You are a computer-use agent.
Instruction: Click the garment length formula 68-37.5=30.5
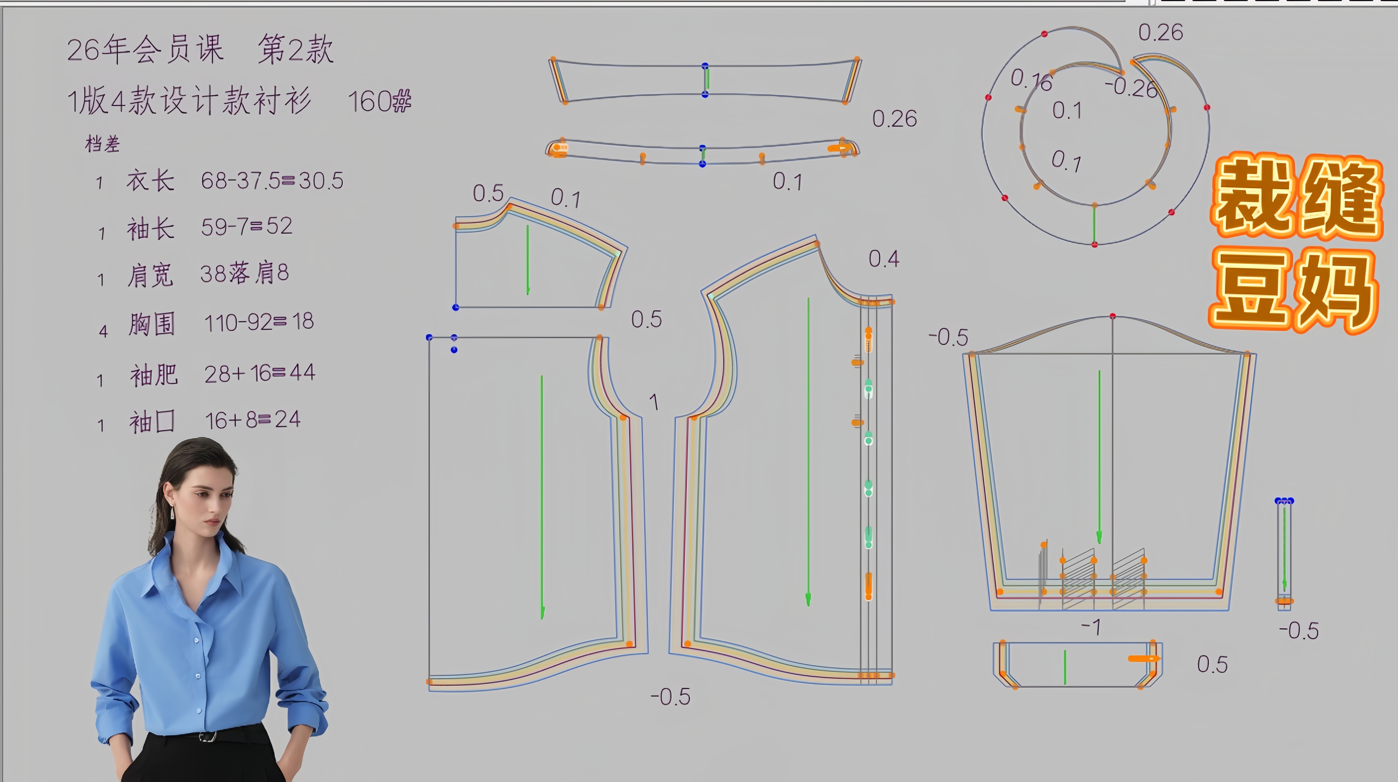272,180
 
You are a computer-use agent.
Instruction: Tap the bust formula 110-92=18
259,322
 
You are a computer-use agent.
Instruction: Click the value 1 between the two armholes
654,402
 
